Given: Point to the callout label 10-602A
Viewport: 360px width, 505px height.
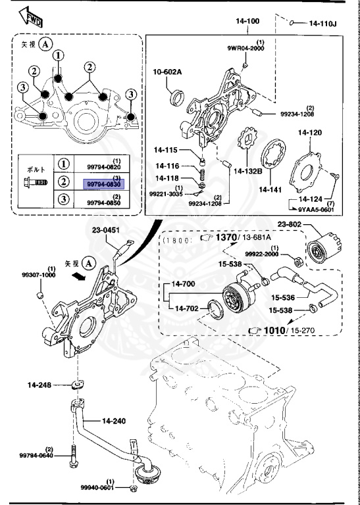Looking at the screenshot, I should [168, 71].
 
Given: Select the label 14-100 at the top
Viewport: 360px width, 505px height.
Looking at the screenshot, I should [248, 21].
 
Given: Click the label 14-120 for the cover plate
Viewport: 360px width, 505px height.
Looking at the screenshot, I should [310, 132].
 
